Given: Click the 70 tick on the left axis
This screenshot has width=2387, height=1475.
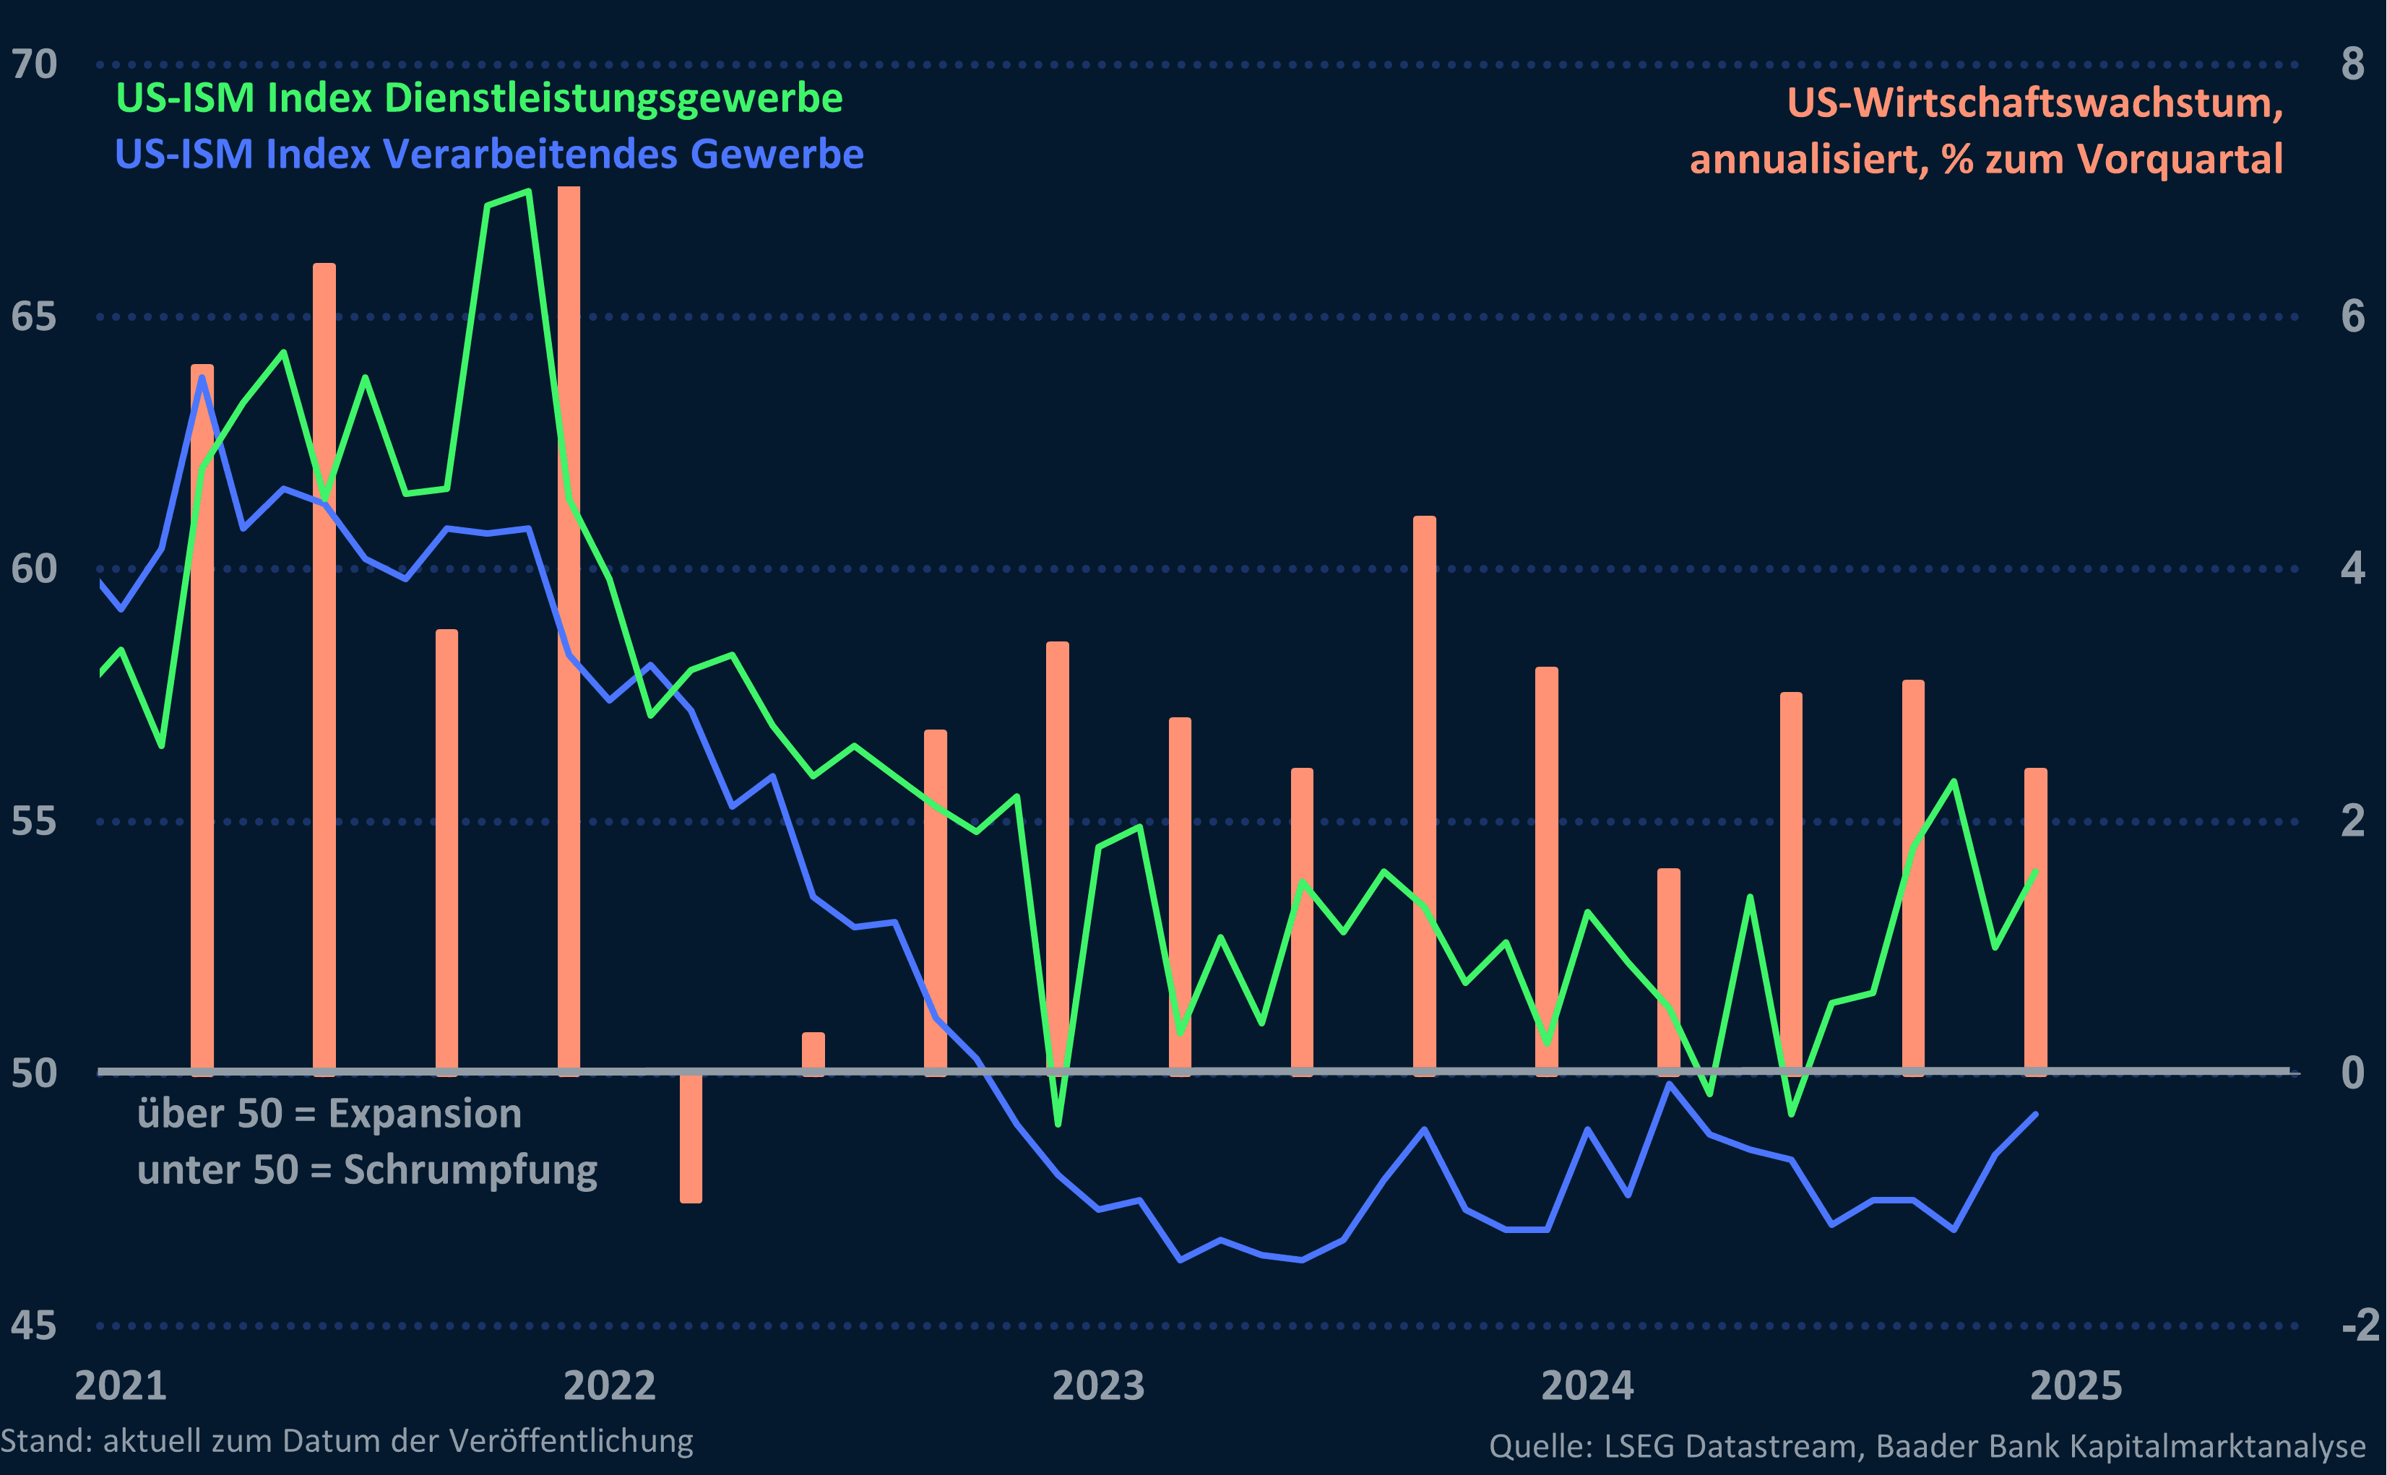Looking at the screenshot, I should point(34,64).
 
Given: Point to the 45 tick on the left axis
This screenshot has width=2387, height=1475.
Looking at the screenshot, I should point(34,1325).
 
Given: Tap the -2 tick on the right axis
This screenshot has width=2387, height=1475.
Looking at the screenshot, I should point(2360,1325).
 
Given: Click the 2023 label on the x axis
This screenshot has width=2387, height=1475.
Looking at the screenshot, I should point(1098,1386).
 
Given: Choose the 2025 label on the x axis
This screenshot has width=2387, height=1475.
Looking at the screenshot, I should point(2076,1386).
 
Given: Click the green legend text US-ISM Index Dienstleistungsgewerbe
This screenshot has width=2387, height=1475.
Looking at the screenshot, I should point(479,98).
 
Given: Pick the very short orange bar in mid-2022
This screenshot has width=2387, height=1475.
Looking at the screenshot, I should point(813,1054).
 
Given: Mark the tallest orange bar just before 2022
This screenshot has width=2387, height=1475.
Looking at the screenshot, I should point(569,624).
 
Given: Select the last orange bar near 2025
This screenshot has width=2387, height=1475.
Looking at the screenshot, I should point(2036,922).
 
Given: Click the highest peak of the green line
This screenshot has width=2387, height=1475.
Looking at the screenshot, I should point(527,192).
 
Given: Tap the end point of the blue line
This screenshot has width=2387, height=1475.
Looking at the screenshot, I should point(2035,1114).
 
